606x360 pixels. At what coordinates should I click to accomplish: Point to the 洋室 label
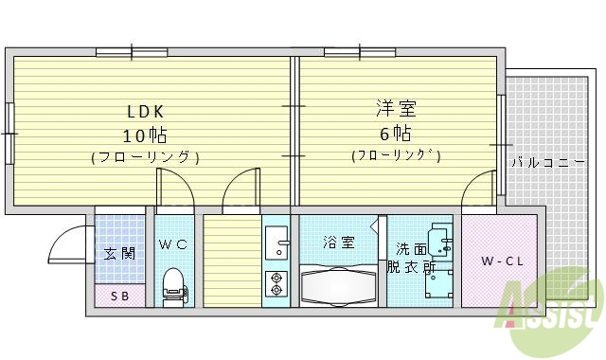tap(395, 108)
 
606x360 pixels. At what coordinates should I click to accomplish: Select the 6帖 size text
tap(395, 131)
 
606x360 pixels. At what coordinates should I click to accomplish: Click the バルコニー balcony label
tap(548, 162)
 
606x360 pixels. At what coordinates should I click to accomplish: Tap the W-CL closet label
tap(498, 261)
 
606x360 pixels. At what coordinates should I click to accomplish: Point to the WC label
tap(173, 244)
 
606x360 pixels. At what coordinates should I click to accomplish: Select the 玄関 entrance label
tap(119, 253)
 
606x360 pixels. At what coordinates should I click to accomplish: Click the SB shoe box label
tap(119, 296)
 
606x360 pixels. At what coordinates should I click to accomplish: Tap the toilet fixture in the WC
tap(173, 283)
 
